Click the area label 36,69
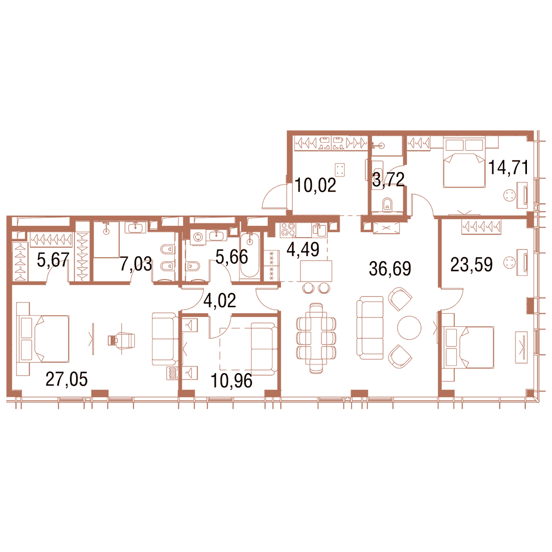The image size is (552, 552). pyautogui.click(x=389, y=269)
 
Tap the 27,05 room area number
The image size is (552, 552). pyautogui.click(x=66, y=379)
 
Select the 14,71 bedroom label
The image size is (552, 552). pyautogui.click(x=509, y=167)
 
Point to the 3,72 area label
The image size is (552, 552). pyautogui.click(x=388, y=179)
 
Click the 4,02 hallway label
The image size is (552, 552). pyautogui.click(x=220, y=301)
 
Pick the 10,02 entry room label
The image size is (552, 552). pyautogui.click(x=315, y=185)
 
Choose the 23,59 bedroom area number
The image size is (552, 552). pyautogui.click(x=471, y=265)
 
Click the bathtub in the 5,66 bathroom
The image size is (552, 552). pyautogui.click(x=250, y=256)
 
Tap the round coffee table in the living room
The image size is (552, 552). pyautogui.click(x=409, y=328)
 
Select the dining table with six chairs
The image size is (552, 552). pyautogui.click(x=316, y=338)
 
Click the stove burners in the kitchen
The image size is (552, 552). pyautogui.click(x=288, y=229)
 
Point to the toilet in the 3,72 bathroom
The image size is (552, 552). pyautogui.click(x=387, y=204)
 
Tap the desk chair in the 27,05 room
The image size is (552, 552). pyautogui.click(x=122, y=340)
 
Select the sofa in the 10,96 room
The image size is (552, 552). pyautogui.click(x=264, y=349)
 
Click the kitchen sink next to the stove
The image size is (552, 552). pyautogui.click(x=319, y=230)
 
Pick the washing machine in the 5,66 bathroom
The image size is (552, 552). pyautogui.click(x=198, y=237)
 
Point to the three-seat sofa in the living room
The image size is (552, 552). pyautogui.click(x=370, y=328)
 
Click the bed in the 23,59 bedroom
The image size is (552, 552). pyautogui.click(x=467, y=347)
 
